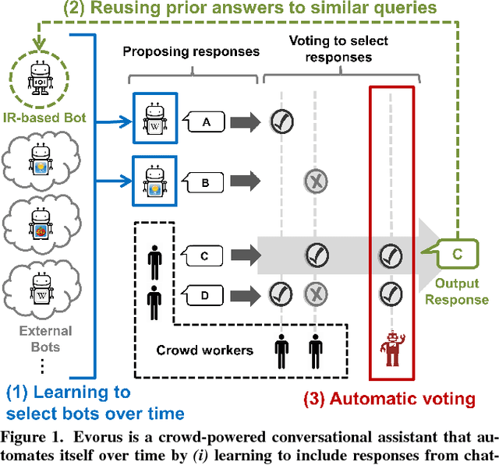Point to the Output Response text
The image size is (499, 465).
[x=462, y=291]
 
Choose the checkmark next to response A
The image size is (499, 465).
[x=281, y=121]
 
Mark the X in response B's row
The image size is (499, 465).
[x=315, y=181]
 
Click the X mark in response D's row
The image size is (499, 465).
[x=315, y=294]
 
